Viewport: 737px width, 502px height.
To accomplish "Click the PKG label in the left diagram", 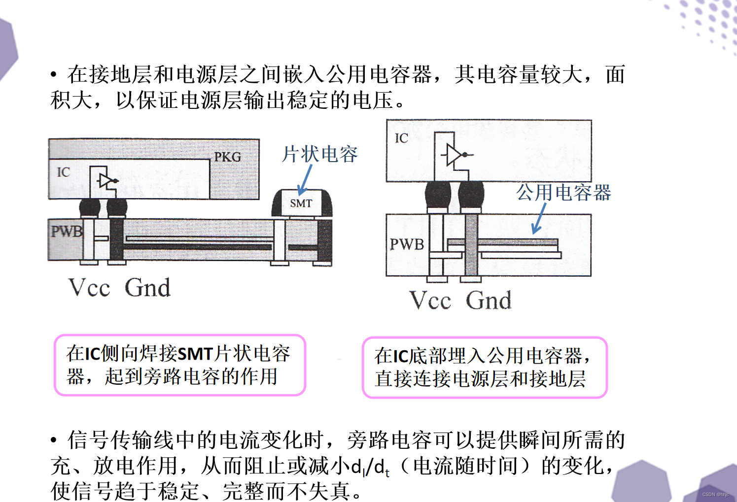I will pyautogui.click(x=227, y=157).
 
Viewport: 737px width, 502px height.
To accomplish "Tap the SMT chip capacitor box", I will pyautogui.click(x=301, y=203).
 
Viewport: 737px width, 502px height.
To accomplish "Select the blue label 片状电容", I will pyautogui.click(x=319, y=154).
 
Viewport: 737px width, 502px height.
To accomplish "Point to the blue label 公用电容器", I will pyautogui.click(x=563, y=192).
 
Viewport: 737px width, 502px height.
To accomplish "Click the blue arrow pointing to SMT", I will pyautogui.click(x=305, y=179).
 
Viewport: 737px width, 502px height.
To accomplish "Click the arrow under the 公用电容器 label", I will pyautogui.click(x=539, y=218).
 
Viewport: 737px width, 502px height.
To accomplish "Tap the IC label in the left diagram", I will pyautogui.click(x=63, y=172).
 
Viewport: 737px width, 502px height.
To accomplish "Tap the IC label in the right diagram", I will pyautogui.click(x=401, y=138).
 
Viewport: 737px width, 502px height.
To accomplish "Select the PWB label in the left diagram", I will pyautogui.click(x=66, y=231).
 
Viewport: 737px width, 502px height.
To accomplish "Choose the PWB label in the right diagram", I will pyautogui.click(x=407, y=244).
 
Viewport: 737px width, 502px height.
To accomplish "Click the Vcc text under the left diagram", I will pyautogui.click(x=89, y=288).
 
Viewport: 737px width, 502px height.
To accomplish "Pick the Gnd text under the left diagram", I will pyautogui.click(x=147, y=288).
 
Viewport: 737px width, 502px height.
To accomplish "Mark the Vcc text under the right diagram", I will pyautogui.click(x=430, y=300).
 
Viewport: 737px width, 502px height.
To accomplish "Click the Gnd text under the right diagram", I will pyautogui.click(x=489, y=300).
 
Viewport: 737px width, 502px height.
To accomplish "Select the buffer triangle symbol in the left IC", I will pyautogui.click(x=105, y=181).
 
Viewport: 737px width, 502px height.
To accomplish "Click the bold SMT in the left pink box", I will pyautogui.click(x=195, y=354).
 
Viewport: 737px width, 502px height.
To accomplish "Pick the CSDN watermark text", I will pyautogui.click(x=715, y=494).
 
